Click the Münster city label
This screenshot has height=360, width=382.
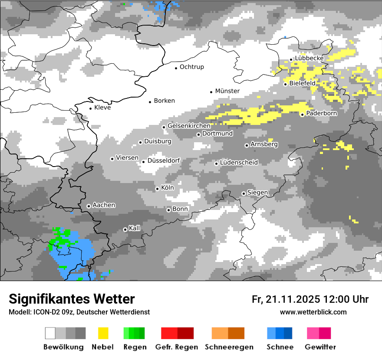click(x=227, y=91)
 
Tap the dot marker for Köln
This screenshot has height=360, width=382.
click(x=158, y=189)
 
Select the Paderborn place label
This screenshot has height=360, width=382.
click(x=321, y=113)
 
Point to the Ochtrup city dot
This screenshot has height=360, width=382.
click(x=176, y=68)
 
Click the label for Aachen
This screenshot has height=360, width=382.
click(x=104, y=205)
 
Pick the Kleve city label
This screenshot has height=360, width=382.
click(x=102, y=108)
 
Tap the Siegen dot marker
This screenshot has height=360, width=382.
click(x=244, y=193)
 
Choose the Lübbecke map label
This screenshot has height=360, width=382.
click(x=309, y=58)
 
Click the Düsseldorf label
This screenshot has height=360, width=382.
click(x=164, y=160)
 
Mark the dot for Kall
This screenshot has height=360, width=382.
click(x=125, y=229)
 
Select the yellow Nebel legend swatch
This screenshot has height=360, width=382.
click(x=103, y=333)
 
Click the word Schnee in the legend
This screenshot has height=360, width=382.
click(x=280, y=347)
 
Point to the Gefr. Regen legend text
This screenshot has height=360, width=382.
click(x=177, y=347)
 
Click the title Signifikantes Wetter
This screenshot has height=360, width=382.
click(x=72, y=299)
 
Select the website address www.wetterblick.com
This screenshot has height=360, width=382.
click(x=313, y=312)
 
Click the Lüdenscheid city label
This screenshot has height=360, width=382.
click(x=239, y=163)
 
